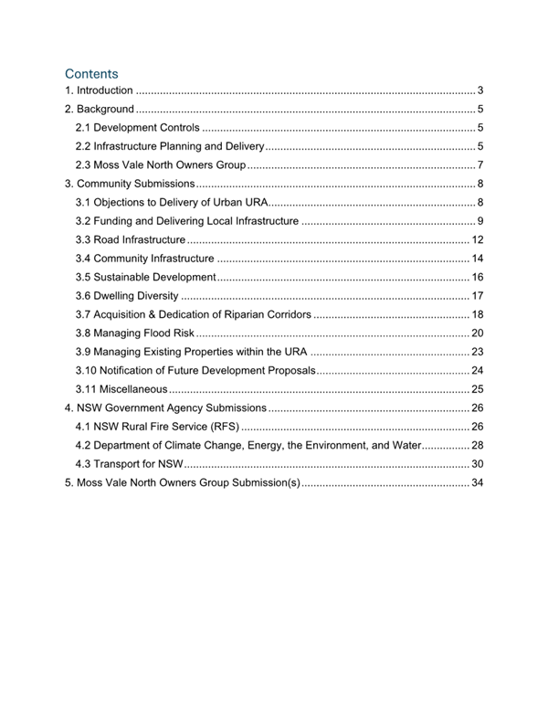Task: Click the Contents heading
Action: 91,73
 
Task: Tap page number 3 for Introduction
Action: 479,90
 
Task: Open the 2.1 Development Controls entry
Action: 137,128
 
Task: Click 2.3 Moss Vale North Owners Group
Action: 161,165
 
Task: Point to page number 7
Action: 479,165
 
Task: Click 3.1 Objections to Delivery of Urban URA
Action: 172,202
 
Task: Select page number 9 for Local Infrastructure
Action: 479,221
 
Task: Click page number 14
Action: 477,259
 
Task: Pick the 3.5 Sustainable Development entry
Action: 145,277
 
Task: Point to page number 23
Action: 477,352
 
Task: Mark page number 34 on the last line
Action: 477,482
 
